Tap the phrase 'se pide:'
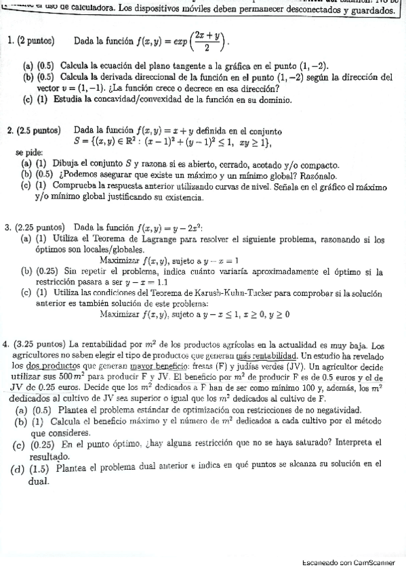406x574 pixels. (29, 153)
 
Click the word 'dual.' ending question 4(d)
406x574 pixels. (39, 481)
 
